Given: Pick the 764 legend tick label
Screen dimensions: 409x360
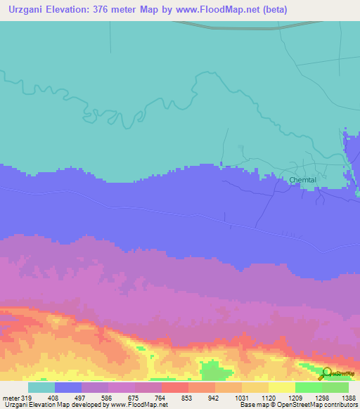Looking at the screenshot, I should pos(161,398).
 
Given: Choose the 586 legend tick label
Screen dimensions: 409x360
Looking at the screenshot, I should pos(107,398).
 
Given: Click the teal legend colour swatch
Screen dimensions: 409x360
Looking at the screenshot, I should pos(41,387).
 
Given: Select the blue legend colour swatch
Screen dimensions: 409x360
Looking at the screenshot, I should pos(67,387).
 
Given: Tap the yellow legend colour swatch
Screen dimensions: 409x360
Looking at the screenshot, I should pos(281,387).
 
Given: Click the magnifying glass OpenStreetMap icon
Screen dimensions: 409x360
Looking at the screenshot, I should pos(327,372).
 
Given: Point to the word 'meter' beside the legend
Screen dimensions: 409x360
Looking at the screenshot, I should pos(11,398).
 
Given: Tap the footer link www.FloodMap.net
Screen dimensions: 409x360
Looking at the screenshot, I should pos(134,405).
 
